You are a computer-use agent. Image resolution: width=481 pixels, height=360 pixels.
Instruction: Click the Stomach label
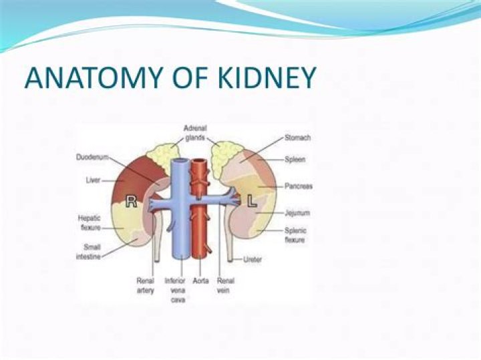tap(297, 138)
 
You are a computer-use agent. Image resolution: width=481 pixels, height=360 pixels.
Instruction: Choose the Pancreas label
tap(297, 186)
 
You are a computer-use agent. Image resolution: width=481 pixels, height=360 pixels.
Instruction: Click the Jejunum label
tap(296, 213)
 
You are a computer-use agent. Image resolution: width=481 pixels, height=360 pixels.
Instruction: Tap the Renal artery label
tap(146, 286)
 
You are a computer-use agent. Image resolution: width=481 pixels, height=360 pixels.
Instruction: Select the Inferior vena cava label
tap(174, 291)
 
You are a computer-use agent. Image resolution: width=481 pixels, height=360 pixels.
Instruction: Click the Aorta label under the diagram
tap(201, 281)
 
